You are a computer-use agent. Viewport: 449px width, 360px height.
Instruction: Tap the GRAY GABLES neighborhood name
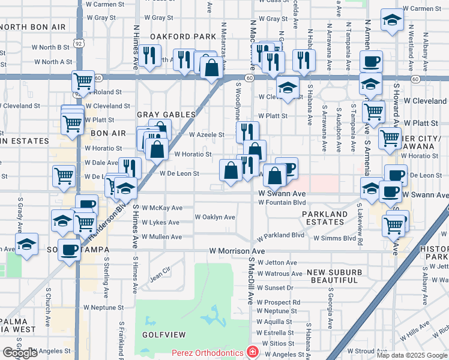(166, 115)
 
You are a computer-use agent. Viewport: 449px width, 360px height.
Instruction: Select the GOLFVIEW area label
(160, 334)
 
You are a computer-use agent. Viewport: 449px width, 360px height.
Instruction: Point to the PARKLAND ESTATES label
(325, 219)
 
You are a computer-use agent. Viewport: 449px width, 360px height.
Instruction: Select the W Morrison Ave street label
(237, 251)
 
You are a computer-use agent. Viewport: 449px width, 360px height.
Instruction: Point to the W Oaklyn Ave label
(215, 217)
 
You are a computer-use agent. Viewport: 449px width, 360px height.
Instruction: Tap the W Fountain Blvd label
(282, 203)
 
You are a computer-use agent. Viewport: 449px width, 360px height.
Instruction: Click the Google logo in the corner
(20, 353)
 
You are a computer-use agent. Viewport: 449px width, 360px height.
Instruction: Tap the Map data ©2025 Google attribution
(412, 355)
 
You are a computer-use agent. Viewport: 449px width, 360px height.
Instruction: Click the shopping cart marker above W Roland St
(83, 80)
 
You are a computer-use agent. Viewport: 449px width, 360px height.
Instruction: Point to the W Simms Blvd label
(334, 238)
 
